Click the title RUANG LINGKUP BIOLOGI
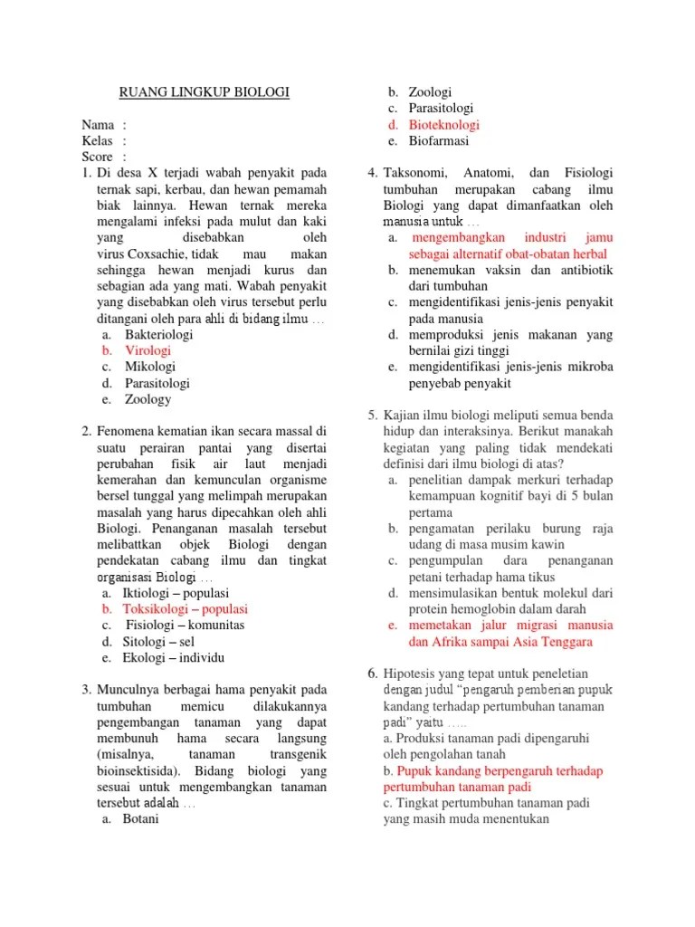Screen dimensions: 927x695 [x=205, y=92]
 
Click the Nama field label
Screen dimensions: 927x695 [x=98, y=124]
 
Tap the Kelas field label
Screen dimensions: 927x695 [x=98, y=140]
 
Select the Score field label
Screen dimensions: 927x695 [x=98, y=157]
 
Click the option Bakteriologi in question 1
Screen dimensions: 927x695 [x=158, y=333]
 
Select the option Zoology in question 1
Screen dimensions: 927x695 [x=148, y=398]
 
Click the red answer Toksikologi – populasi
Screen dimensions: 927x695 [x=186, y=608]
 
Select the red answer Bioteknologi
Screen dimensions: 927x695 [x=443, y=125]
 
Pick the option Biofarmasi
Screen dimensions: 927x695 [x=439, y=141]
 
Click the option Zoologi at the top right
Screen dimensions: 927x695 [x=430, y=92]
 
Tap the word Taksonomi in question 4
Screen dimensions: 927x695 [x=419, y=173]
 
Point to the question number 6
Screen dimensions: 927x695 [x=372, y=673]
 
